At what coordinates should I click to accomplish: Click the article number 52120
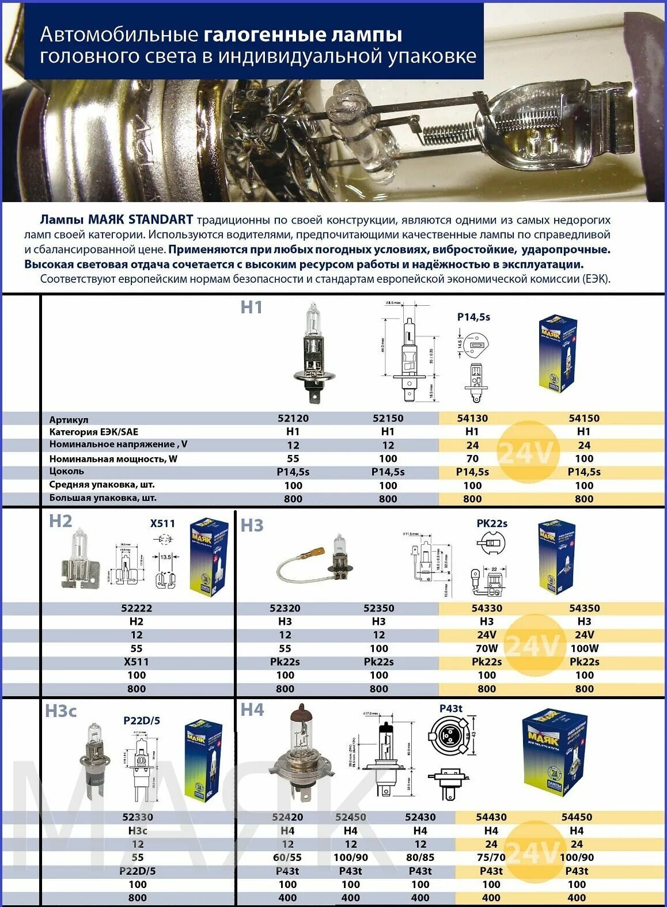tap(293, 418)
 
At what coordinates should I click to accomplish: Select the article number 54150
tap(583, 418)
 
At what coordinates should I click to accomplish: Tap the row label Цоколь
tap(66, 471)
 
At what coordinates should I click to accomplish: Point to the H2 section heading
tap(60, 521)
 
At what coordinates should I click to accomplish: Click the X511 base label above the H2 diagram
tap(162, 523)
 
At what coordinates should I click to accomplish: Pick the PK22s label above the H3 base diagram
tap(491, 523)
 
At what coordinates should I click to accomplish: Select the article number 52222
tap(137, 608)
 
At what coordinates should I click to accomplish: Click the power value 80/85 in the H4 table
tap(420, 857)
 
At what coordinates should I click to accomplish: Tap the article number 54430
tap(491, 817)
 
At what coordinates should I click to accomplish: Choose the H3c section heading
tap(61, 711)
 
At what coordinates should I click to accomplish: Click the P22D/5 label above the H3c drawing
tap(142, 720)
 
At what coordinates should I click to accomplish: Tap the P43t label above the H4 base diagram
tap(450, 708)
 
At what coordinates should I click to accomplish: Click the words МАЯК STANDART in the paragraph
tap(140, 219)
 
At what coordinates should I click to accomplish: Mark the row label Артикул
tap(69, 419)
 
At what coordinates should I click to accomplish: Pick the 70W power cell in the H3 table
tap(486, 648)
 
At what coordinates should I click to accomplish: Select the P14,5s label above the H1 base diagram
tap(473, 317)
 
